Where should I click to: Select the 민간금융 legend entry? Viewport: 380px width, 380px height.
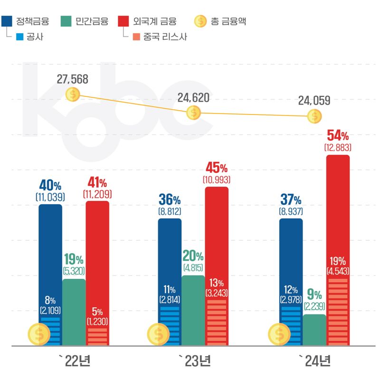pos(85,21)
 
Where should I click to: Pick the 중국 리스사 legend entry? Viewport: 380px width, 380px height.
pos(159,37)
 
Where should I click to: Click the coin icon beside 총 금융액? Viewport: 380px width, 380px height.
pos(201,21)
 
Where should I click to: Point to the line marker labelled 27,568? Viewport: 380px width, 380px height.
pos(73,94)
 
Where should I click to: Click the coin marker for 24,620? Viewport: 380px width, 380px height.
pos(193,113)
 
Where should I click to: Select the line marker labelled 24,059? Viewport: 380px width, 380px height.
pos(313,115)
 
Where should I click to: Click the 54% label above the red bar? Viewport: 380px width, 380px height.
pos(338,135)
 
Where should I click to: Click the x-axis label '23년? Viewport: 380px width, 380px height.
pos(194,361)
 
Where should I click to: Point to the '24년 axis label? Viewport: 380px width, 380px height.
pos(314,361)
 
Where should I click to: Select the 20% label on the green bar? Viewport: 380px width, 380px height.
pos(193,256)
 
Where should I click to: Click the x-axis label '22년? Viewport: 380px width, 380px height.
pos(74,361)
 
